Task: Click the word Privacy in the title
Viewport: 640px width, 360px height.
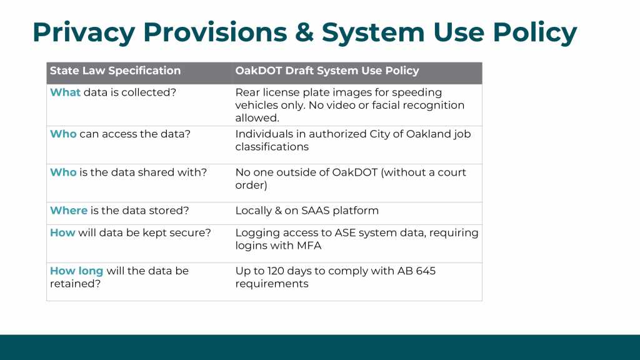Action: coord(84,32)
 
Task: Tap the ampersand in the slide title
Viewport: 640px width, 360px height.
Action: coord(304,32)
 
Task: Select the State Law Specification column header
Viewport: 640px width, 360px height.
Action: coord(115,71)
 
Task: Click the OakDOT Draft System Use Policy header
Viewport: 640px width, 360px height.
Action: coord(327,71)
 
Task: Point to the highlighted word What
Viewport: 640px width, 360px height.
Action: coord(65,92)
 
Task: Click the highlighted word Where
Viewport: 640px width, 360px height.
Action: coord(69,211)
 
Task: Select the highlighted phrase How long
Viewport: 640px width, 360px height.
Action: coord(76,271)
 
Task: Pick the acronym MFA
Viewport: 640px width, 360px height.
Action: coord(309,246)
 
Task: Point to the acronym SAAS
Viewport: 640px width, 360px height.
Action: coord(315,211)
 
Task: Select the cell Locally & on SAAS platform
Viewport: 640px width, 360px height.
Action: coord(307,211)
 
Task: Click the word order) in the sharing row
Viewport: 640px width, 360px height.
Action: coord(251,185)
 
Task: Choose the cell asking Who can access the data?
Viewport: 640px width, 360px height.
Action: coord(120,134)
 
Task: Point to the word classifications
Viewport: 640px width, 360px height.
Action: coord(272,147)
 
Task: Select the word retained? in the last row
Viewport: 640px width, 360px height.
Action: coord(75,284)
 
